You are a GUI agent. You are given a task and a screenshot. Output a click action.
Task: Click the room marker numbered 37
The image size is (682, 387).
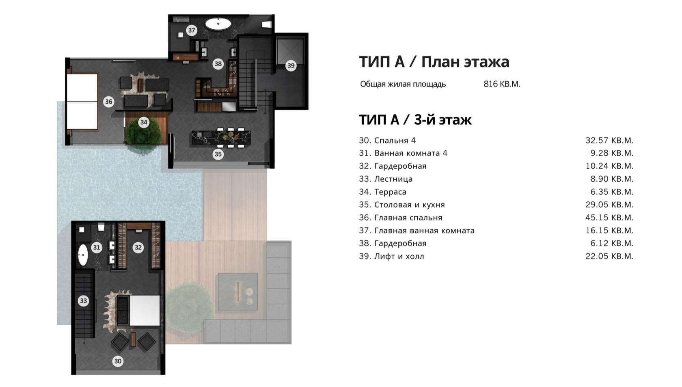click(192, 30)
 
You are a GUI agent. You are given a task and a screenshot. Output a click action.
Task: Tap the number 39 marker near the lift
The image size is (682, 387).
click(291, 65)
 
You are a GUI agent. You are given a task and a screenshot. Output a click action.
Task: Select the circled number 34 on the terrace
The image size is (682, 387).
click(144, 122)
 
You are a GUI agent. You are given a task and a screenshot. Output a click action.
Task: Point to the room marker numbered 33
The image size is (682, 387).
click(83, 301)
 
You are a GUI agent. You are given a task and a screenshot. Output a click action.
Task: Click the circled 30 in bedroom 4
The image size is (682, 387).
click(118, 361)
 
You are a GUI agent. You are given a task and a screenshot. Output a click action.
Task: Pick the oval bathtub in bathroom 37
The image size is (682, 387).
click(218, 24)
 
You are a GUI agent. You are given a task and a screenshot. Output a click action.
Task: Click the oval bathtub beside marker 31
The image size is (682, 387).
click(83, 255)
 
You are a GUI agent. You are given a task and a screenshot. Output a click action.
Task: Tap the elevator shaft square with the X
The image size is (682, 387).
click(290, 51)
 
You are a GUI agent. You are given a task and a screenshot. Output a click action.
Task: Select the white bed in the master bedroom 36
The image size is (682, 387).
click(82, 102)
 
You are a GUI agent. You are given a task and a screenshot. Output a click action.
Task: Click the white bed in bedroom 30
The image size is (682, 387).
click(145, 310)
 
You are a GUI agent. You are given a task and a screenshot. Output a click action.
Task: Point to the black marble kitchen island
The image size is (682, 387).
click(221, 138)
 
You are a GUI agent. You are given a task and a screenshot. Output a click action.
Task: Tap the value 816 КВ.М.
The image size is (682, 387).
click(502, 84)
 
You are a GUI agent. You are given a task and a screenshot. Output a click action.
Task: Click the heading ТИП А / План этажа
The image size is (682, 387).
click(434, 62)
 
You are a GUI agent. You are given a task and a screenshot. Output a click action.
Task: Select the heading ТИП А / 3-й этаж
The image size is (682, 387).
click(415, 120)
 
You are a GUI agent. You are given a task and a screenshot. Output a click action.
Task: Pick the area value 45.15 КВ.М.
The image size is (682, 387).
click(609, 218)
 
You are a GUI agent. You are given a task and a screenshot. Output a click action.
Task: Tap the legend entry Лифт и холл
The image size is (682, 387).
click(399, 256)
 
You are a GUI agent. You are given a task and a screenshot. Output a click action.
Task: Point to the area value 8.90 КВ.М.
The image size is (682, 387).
click(612, 179)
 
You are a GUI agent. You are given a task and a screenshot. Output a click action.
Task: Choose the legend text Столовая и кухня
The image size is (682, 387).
click(410, 204)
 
